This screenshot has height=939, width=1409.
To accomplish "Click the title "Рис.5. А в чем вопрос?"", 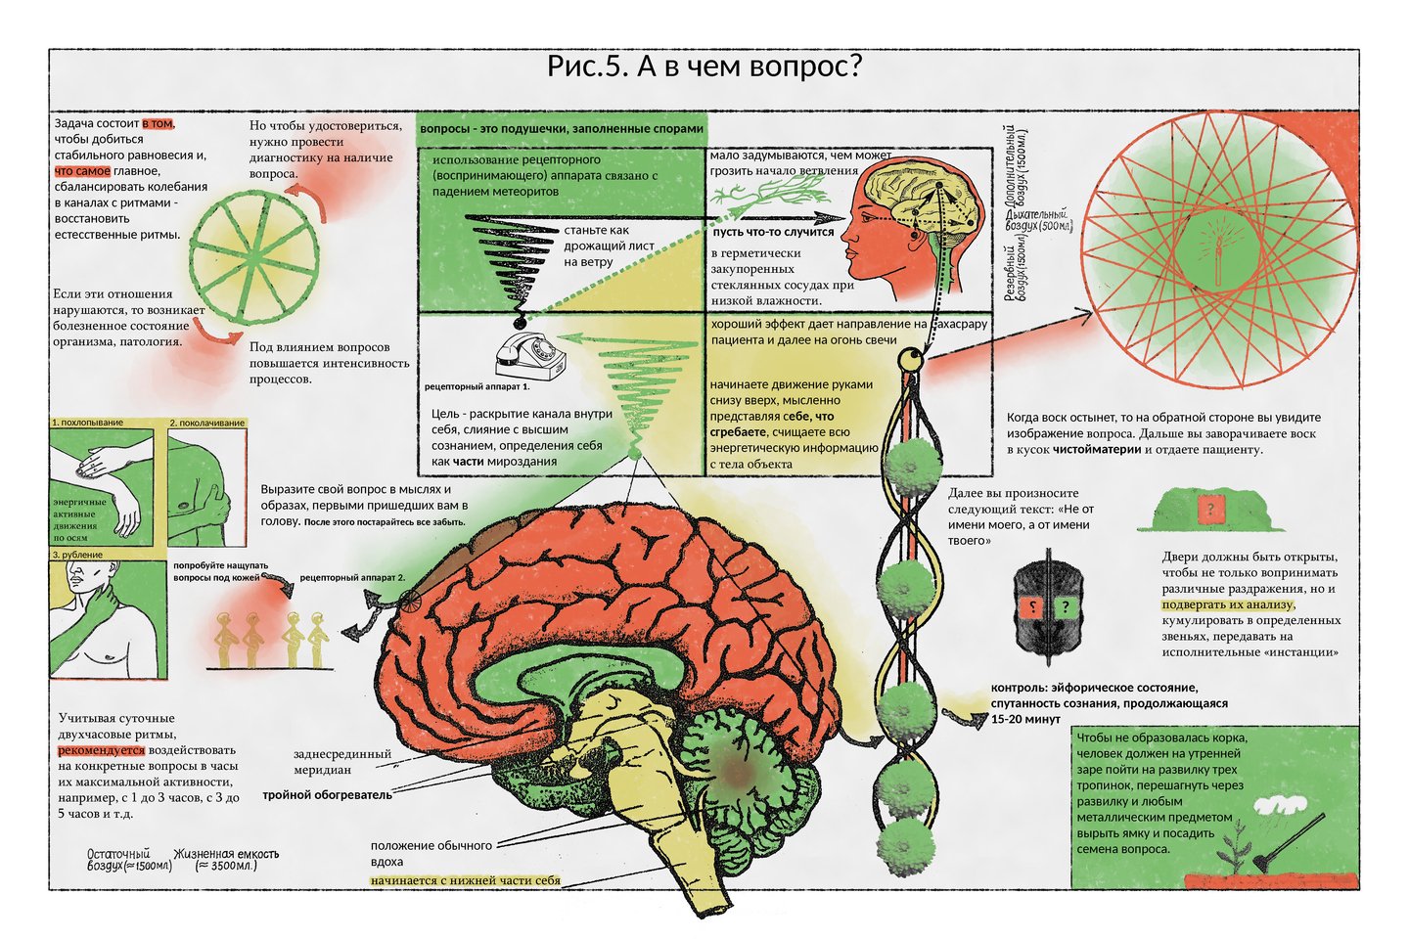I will click(x=704, y=67).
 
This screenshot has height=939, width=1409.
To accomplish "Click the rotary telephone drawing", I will click(x=530, y=356).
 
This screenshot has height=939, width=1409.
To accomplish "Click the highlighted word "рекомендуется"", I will click(x=102, y=750).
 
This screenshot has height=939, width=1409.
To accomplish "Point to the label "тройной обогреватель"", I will click(x=327, y=795).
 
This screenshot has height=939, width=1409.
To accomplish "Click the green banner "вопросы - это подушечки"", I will click(x=561, y=129).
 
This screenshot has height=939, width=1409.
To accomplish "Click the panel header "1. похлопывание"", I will click(x=88, y=423).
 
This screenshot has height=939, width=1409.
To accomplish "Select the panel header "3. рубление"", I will click(x=78, y=555).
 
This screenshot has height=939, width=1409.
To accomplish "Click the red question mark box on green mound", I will click(x=1210, y=510).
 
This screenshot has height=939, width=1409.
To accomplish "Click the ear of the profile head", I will click(x=912, y=235).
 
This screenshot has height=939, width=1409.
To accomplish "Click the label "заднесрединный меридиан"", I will click(x=341, y=762).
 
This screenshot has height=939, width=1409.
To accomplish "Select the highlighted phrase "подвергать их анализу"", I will click(x=1227, y=604).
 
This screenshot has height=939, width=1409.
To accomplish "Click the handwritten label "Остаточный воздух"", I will click(x=128, y=860).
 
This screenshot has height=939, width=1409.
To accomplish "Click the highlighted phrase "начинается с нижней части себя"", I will click(x=465, y=880).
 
